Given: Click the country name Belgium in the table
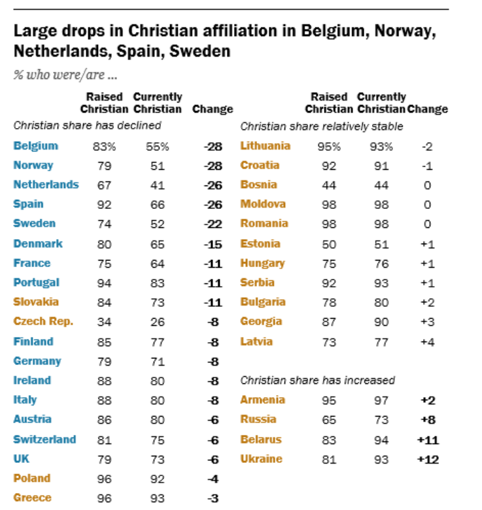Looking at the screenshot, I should point(35,146).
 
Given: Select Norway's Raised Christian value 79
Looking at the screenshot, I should point(104,166).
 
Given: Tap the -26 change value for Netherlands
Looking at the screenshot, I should point(213,185).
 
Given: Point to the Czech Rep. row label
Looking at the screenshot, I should point(43,321).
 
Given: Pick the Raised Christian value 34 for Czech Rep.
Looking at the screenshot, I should point(104,322).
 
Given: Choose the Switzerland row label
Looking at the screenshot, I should point(44,439).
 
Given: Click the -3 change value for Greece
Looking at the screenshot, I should point(213,498).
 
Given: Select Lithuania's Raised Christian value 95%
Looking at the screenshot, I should point(329,146).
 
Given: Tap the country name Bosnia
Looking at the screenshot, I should point(259,185).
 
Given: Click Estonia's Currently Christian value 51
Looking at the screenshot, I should point(381,244).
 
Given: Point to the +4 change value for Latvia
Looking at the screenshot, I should point(427,342).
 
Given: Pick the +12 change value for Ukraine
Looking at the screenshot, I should point(427,459).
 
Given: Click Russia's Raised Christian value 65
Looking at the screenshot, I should point(329,420).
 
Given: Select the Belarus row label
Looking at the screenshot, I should point(261,439).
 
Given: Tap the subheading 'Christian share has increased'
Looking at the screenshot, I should point(318,380).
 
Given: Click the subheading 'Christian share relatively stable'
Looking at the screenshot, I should point(322,126).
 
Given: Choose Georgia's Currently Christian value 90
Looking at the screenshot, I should point(381,322).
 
